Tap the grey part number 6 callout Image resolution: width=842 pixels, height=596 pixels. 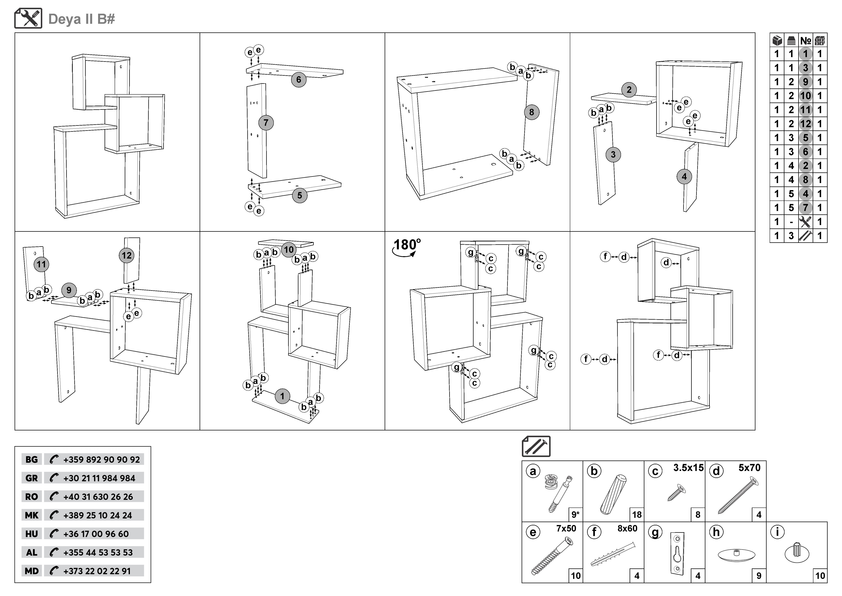(x=298, y=80)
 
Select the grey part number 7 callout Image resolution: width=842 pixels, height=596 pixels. (x=266, y=123)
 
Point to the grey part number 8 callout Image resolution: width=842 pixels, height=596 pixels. (x=531, y=112)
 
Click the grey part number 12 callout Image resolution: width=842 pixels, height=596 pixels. (x=127, y=255)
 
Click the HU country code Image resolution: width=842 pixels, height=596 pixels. (x=31, y=534)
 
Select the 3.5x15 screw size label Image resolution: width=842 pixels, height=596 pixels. (x=688, y=468)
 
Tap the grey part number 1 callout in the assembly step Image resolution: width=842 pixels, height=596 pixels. (x=282, y=396)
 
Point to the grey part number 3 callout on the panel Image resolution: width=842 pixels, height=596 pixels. (x=613, y=155)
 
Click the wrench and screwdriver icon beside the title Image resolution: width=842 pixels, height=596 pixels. (x=28, y=18)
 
